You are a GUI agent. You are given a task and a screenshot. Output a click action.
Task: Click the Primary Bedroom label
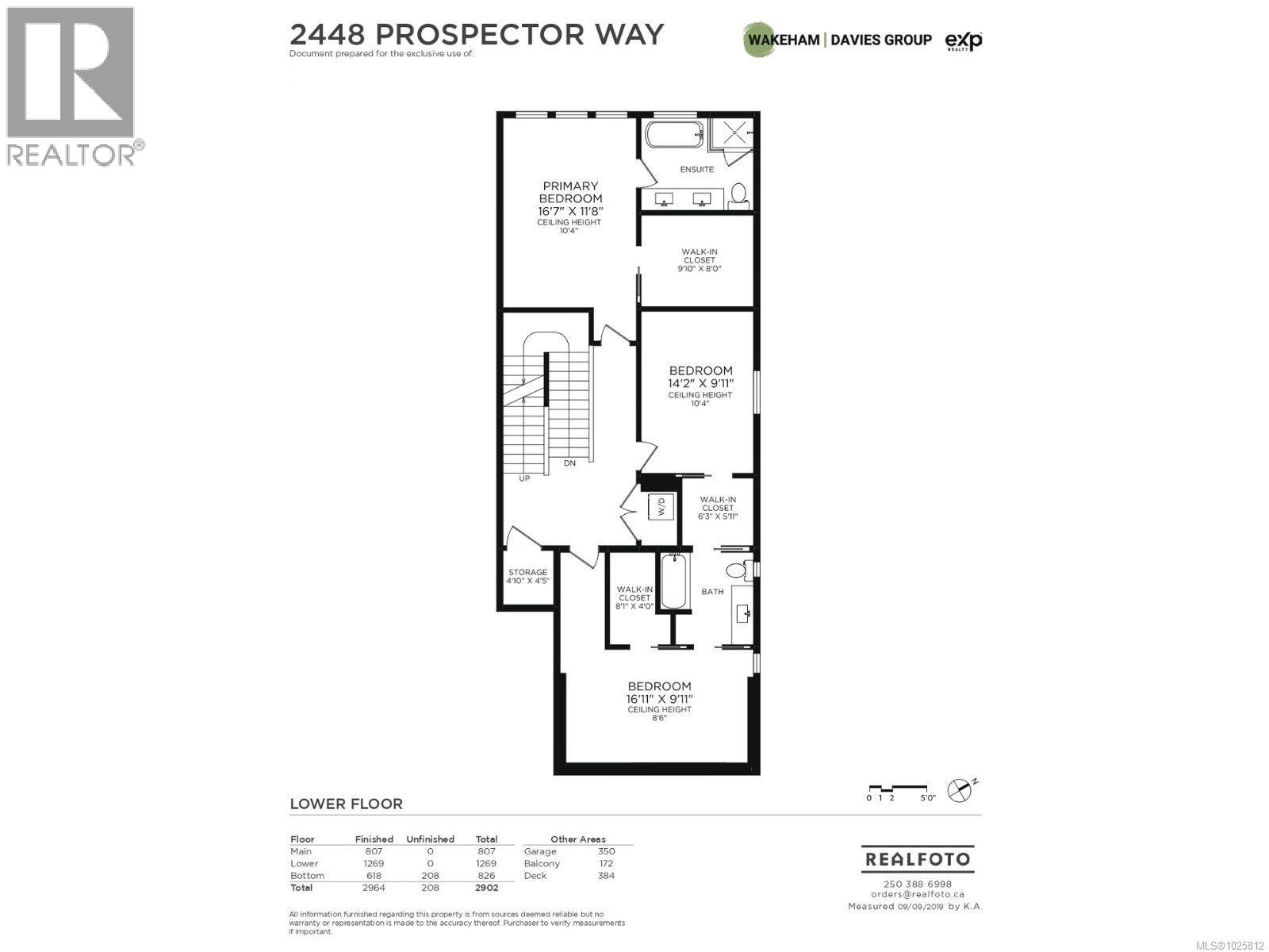[x=570, y=192]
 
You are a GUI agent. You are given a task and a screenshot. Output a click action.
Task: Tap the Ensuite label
[x=696, y=169]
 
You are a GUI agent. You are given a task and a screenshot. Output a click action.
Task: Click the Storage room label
[x=527, y=572]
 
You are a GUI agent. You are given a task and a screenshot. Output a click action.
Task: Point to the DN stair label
[x=569, y=463]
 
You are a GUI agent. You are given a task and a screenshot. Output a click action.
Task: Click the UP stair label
[x=524, y=478]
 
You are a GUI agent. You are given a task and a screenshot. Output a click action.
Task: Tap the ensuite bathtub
[x=672, y=134]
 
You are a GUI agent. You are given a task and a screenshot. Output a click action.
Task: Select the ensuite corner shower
[x=730, y=133]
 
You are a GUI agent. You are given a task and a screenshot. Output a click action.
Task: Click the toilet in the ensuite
[x=738, y=194]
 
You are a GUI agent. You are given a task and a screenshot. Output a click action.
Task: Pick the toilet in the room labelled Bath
[x=735, y=570]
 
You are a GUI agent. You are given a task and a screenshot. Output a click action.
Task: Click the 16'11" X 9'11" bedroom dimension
[x=660, y=699]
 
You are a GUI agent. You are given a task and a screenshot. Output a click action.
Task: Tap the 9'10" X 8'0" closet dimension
[x=699, y=269]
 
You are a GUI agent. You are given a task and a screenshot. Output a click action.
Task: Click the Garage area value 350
[x=606, y=851]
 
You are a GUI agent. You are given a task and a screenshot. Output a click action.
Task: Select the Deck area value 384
[x=606, y=876]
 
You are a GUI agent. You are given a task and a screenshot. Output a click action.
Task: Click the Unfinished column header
[x=430, y=839]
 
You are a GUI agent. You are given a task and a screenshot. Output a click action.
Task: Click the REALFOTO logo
[x=917, y=859]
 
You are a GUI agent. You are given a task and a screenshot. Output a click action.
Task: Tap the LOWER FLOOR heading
[x=346, y=804]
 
